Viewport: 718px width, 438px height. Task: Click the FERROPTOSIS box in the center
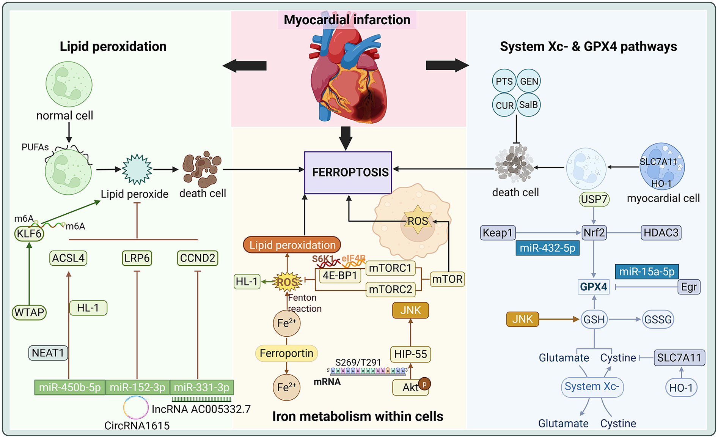tap(348, 173)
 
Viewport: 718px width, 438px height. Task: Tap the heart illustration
tap(347, 76)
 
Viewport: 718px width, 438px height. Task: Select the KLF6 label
tap(29, 233)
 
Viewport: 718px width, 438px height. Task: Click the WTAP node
tap(29, 312)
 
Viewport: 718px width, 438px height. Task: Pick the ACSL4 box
tap(68, 258)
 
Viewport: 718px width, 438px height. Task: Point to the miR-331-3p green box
tap(201, 388)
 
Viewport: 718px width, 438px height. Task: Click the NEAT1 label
tap(48, 353)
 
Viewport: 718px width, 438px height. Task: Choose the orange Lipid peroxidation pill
tap(292, 245)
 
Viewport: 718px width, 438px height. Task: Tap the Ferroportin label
tap(286, 353)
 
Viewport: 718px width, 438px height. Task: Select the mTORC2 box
tap(390, 290)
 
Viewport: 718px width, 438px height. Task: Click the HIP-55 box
tap(410, 354)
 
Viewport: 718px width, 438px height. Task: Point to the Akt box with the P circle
tap(411, 388)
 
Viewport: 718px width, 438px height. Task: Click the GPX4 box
tap(594, 287)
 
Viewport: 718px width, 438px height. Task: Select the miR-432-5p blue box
tap(547, 248)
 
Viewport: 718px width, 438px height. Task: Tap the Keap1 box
tap(498, 233)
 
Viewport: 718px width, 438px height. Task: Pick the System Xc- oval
tap(592, 387)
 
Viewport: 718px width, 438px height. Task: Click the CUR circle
tap(504, 106)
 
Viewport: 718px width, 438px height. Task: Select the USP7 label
tap(594, 199)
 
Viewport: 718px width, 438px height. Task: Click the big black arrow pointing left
tap(245, 66)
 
